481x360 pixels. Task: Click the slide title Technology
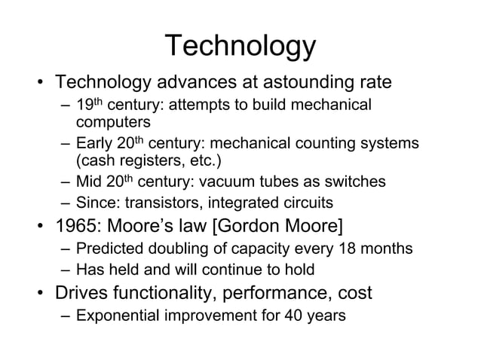click(x=240, y=47)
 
